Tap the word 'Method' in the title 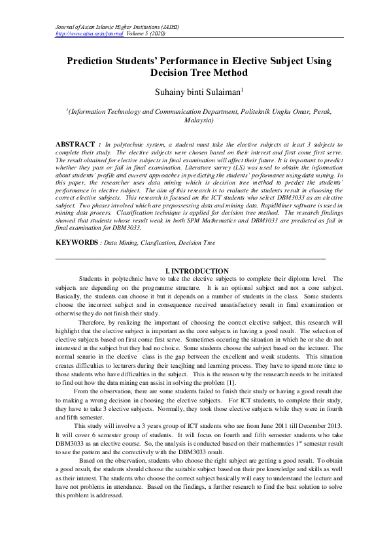pyautogui.click(x=226, y=73)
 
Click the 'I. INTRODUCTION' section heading pyautogui.click(x=196, y=271)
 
